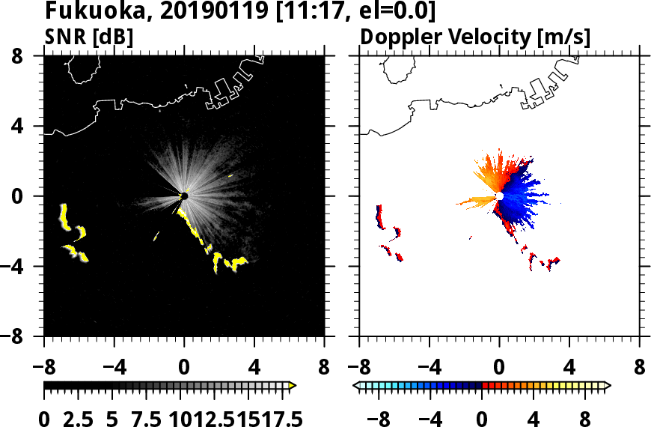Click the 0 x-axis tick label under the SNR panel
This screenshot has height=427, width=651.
tap(184, 368)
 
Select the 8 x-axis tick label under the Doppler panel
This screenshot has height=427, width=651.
tap(640, 368)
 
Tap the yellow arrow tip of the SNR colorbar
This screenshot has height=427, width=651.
tap(293, 386)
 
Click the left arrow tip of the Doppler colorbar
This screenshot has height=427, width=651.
tap(355, 386)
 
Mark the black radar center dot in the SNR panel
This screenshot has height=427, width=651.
tap(184, 196)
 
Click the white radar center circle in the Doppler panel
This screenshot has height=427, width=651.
tap(499, 196)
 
